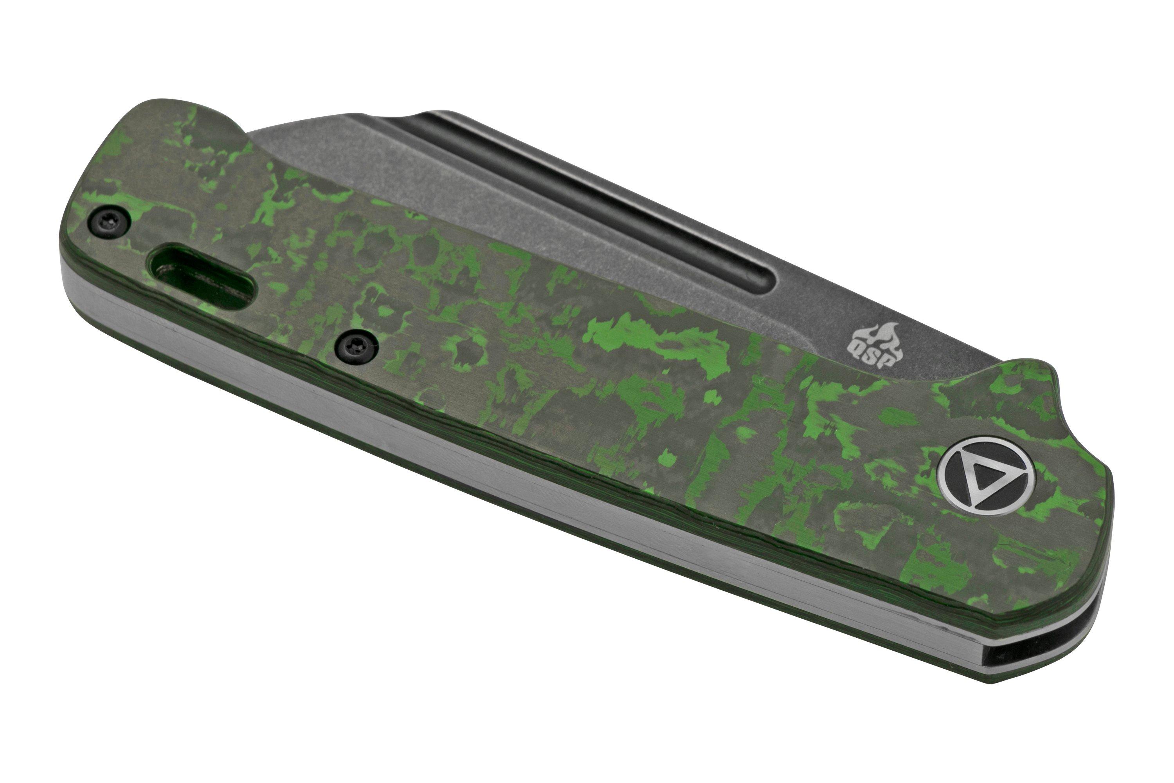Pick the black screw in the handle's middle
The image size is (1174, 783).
[x=355, y=346]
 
